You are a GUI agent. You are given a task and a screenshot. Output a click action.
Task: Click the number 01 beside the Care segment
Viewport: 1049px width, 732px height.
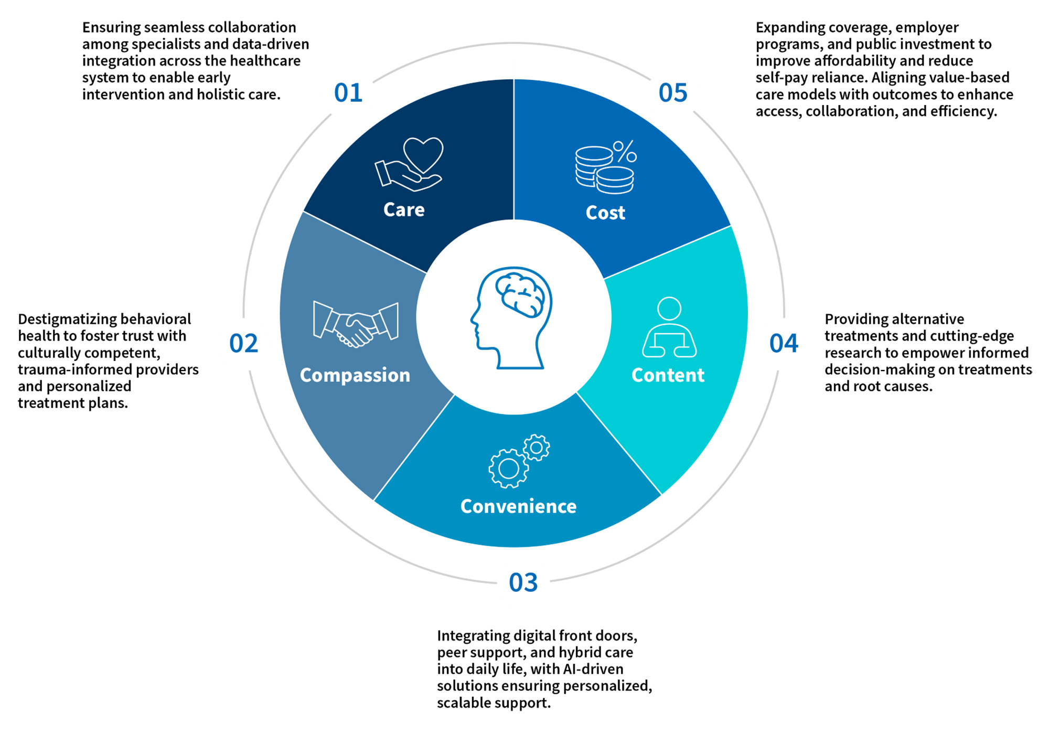(x=348, y=93)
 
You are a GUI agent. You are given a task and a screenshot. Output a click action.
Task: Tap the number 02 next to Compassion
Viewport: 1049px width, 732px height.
(x=244, y=343)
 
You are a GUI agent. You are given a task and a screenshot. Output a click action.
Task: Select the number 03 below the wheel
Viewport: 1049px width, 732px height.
(x=523, y=582)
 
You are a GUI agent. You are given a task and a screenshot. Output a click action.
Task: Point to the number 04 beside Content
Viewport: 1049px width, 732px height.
(x=784, y=343)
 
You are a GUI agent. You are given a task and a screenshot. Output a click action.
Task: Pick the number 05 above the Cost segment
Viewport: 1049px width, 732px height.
(x=673, y=93)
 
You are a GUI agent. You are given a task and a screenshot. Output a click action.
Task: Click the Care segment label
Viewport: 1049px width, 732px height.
(x=404, y=209)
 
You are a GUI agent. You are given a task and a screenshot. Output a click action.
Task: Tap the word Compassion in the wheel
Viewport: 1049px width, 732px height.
(x=355, y=375)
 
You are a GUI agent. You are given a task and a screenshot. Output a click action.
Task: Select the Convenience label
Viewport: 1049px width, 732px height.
(x=518, y=506)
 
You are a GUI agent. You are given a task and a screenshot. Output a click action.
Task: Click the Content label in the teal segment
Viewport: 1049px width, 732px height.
(x=668, y=375)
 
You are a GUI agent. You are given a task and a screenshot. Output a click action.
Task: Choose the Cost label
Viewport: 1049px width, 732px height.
(x=605, y=213)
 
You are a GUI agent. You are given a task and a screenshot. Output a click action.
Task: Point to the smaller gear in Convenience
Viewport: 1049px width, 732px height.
(x=537, y=447)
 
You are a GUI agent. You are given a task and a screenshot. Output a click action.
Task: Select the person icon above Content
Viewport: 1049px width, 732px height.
(x=669, y=328)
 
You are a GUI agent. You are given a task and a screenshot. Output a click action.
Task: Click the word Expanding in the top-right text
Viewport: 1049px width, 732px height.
(x=790, y=27)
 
